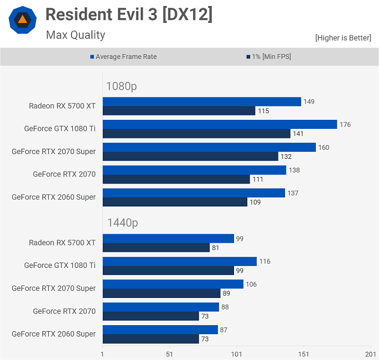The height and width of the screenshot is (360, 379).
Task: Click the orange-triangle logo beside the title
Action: tap(22, 20)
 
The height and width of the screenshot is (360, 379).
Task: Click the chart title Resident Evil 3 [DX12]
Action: tap(129, 14)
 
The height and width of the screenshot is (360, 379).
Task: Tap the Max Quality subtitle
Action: tap(75, 35)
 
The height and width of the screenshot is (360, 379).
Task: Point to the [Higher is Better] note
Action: tap(343, 38)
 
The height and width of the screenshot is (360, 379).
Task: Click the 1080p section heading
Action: tap(122, 86)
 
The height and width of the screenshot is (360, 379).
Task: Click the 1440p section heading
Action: tap(122, 223)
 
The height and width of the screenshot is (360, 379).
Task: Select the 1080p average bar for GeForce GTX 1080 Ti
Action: tap(220, 125)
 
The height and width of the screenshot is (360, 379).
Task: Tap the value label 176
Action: tap(345, 125)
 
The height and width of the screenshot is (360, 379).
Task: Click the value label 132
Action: tap(286, 157)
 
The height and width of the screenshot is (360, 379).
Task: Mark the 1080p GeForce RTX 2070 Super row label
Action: tap(54, 152)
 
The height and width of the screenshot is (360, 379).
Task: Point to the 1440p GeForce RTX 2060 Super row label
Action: tap(54, 334)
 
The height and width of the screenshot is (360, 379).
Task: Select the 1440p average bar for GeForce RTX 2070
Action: tap(161, 307)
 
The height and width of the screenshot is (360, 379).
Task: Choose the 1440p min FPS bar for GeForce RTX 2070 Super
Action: tap(161, 293)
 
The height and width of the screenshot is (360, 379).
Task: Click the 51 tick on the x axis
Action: tap(170, 353)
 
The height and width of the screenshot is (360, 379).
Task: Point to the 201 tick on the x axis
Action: tap(370, 353)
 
